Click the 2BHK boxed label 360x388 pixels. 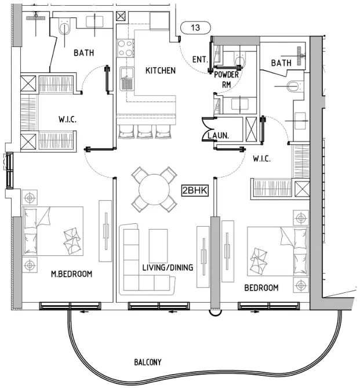point(195,191)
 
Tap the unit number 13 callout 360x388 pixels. point(196,27)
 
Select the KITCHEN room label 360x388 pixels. point(161,71)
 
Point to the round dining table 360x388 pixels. point(154,190)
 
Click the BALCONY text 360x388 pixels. point(148,362)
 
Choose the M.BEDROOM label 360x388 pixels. point(71,274)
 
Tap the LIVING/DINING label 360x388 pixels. point(168,267)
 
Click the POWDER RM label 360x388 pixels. point(227,79)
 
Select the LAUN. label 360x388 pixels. point(218,135)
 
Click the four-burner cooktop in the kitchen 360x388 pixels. point(125,49)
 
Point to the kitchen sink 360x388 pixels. point(127,78)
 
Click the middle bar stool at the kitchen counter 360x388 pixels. point(145,132)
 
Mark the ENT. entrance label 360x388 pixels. point(200,59)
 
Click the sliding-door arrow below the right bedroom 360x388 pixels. point(255,312)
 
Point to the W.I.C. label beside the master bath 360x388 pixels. point(68,119)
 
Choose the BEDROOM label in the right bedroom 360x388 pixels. point(261,288)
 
